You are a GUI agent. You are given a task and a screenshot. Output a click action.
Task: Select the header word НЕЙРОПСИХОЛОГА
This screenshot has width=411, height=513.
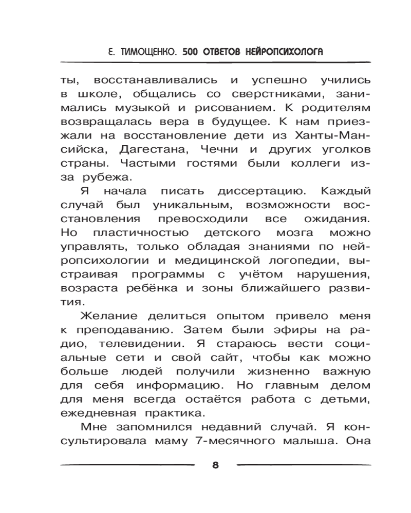pos(280,51)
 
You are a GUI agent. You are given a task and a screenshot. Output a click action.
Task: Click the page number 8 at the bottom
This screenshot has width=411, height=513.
pos(215,465)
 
